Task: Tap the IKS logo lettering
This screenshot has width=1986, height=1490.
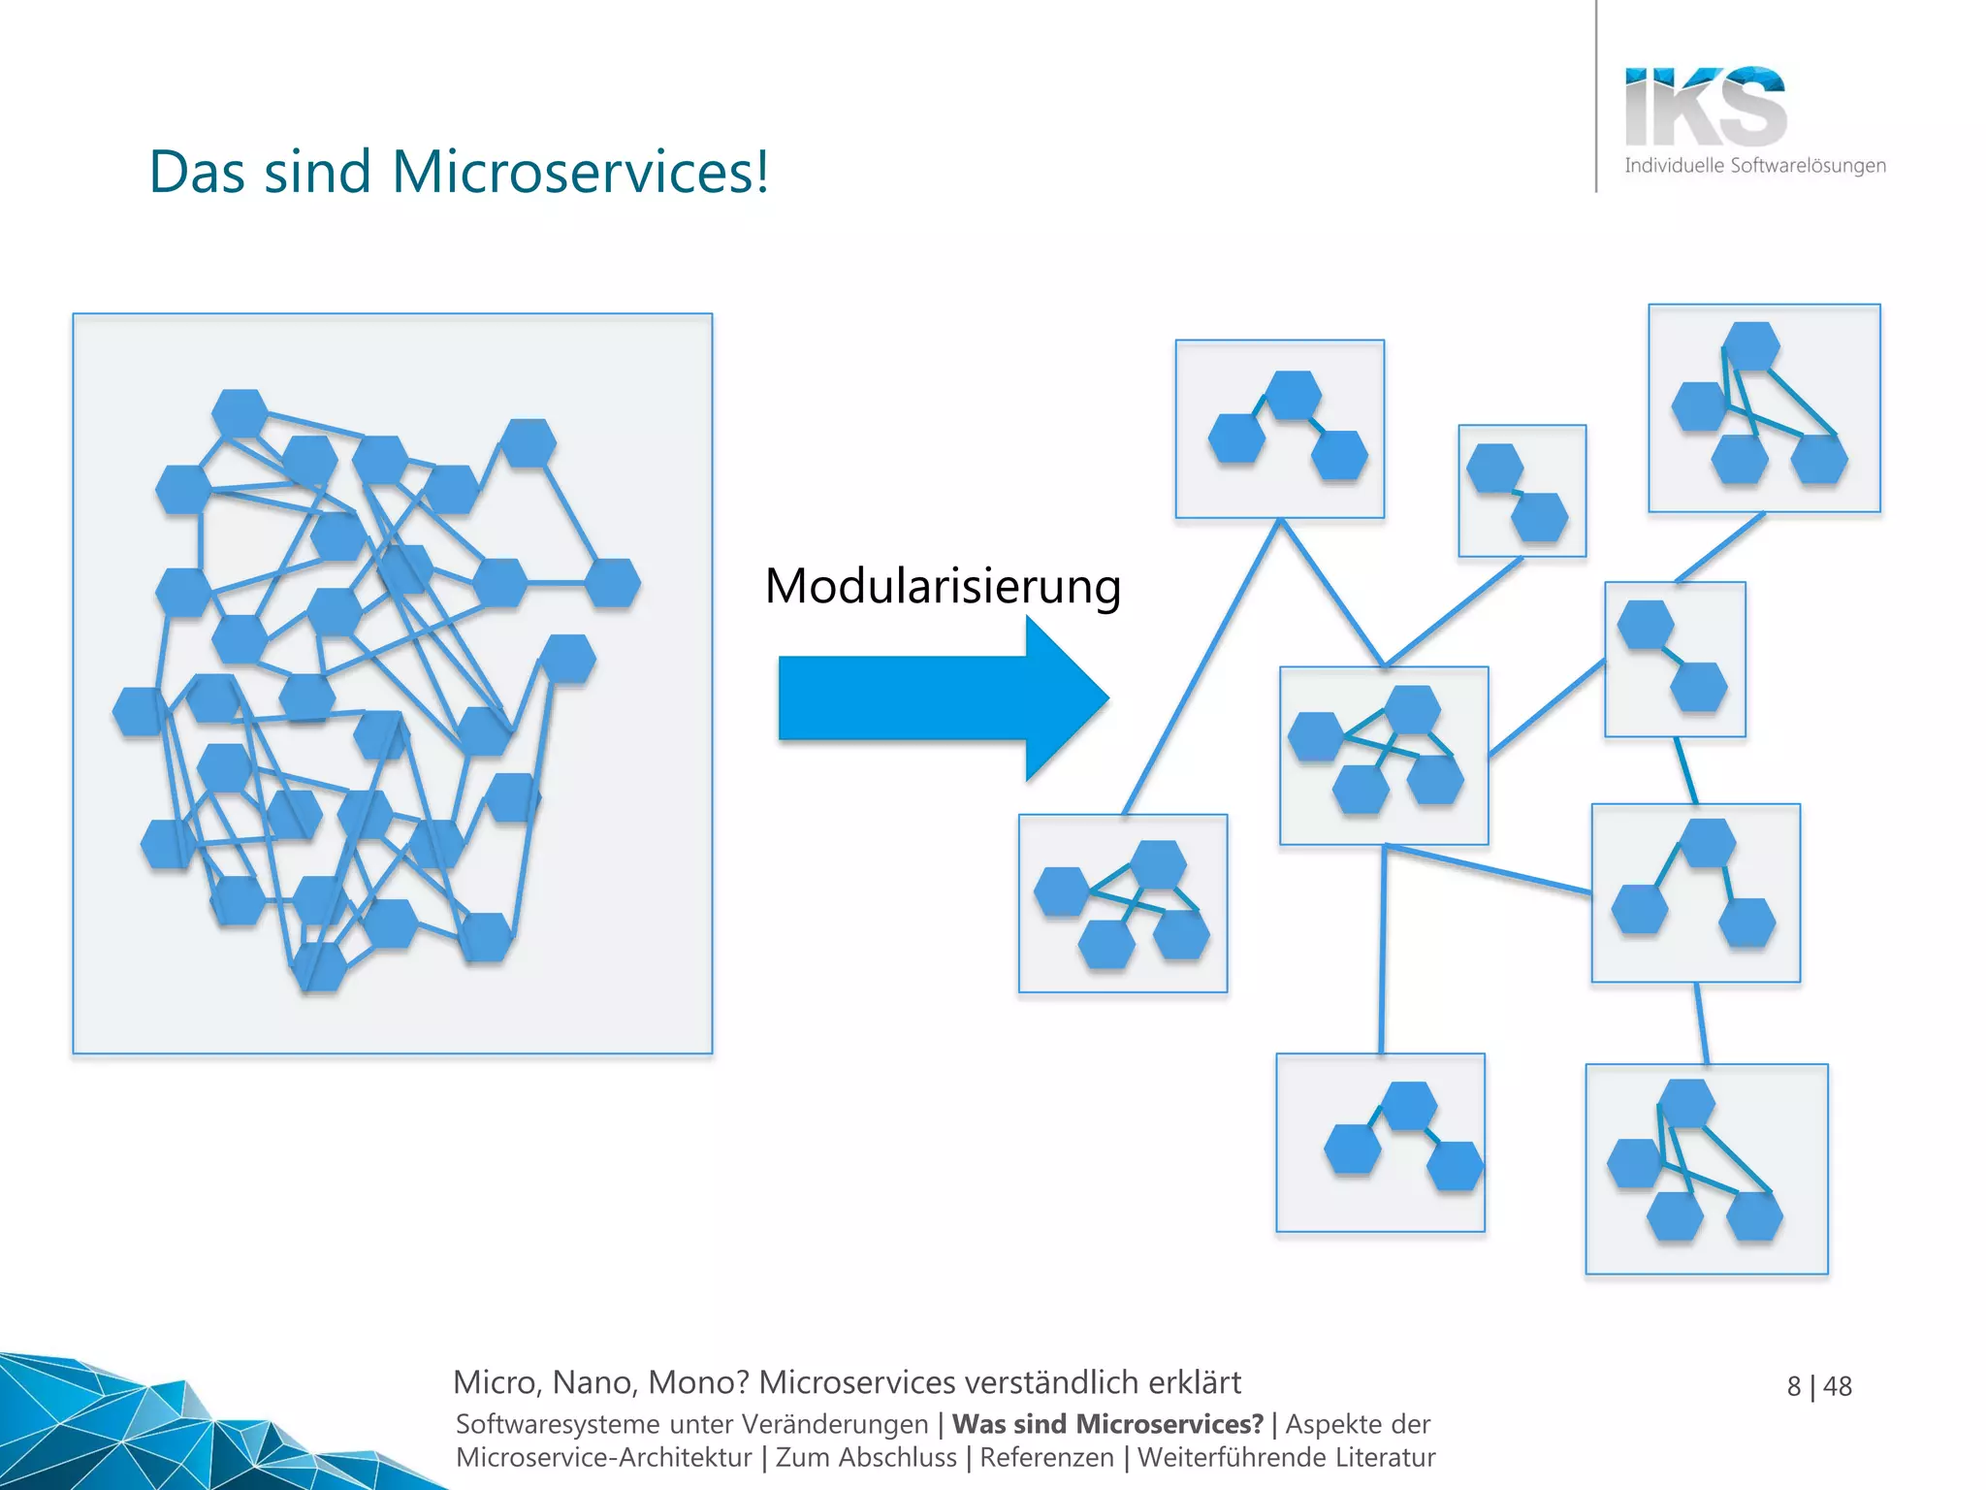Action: click(1705, 107)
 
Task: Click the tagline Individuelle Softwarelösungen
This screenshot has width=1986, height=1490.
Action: click(1755, 166)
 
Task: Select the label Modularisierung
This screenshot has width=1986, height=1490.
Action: click(943, 586)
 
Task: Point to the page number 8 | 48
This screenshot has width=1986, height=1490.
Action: click(1819, 1386)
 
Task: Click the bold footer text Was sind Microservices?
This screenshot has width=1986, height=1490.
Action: click(1107, 1424)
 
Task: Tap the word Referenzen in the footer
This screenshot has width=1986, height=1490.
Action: click(1046, 1457)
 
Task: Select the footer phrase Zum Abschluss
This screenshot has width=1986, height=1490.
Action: click(866, 1457)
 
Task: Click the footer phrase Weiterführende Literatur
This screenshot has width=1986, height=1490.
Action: click(1286, 1457)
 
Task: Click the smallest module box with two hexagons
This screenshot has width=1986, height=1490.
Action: click(1522, 491)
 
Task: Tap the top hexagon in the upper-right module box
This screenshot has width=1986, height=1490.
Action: click(1752, 345)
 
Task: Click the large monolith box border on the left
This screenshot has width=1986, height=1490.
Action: click(74, 679)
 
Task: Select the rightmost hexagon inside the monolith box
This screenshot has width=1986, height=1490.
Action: click(613, 582)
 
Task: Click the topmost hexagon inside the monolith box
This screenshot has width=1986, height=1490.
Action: click(240, 412)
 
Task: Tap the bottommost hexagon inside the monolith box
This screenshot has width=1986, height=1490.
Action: click(320, 966)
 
